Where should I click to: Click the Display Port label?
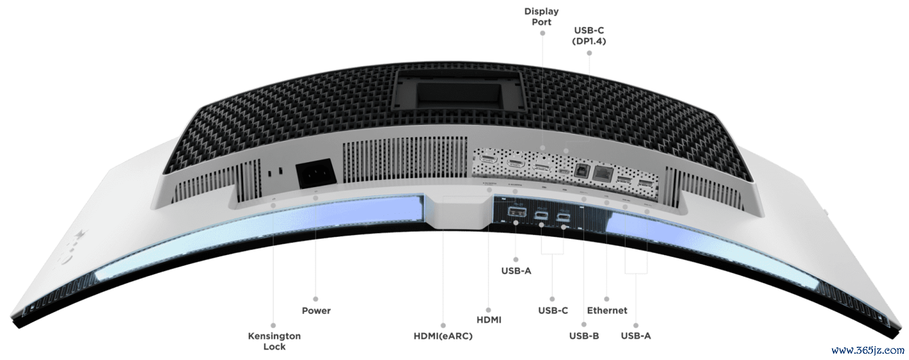[x=542, y=16]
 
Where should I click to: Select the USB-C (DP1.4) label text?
[x=589, y=36]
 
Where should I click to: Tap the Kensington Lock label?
[x=275, y=341]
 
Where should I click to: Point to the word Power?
[x=316, y=311]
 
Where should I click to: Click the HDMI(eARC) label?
[x=443, y=336]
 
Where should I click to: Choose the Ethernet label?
[x=607, y=311]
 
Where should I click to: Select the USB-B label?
[x=584, y=336]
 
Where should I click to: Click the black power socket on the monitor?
[x=316, y=176]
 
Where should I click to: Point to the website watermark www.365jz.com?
[x=866, y=351]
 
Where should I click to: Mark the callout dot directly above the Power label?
[x=316, y=299]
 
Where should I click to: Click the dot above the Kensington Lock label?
[x=273, y=325]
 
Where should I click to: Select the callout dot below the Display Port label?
[x=542, y=33]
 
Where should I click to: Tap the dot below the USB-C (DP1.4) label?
[x=589, y=53]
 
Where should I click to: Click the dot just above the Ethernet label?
[x=607, y=299]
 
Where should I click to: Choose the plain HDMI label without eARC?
[x=489, y=320]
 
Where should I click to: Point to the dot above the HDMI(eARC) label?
[x=443, y=325]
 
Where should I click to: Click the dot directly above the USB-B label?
[x=584, y=325]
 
